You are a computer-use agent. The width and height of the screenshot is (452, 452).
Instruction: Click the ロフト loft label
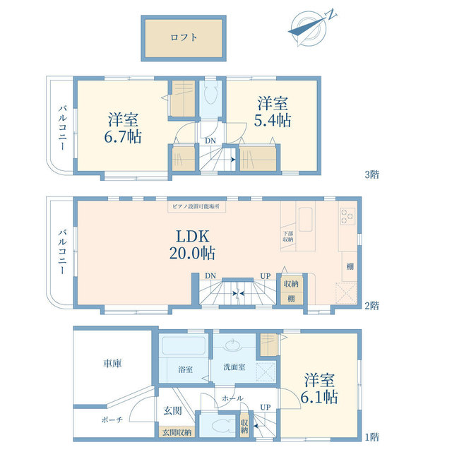tap(184, 39)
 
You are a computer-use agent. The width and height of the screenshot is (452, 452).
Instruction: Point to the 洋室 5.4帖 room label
tap(272, 112)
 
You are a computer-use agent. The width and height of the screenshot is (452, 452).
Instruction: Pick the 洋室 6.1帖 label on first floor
tap(321, 386)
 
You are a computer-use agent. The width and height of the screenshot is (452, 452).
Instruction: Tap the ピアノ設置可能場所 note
tap(196, 207)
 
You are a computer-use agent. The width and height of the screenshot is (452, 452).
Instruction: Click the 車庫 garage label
tap(112, 364)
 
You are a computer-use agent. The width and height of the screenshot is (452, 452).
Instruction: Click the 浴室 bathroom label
tap(185, 369)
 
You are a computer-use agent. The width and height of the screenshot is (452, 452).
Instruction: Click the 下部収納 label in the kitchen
tap(288, 237)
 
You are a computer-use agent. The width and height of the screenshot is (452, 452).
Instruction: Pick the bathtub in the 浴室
tap(183, 347)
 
